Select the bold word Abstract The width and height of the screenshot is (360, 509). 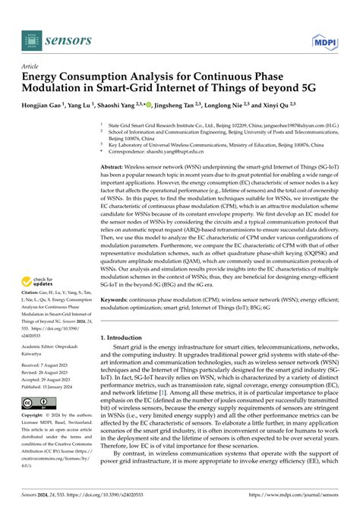(x=116, y=166)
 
